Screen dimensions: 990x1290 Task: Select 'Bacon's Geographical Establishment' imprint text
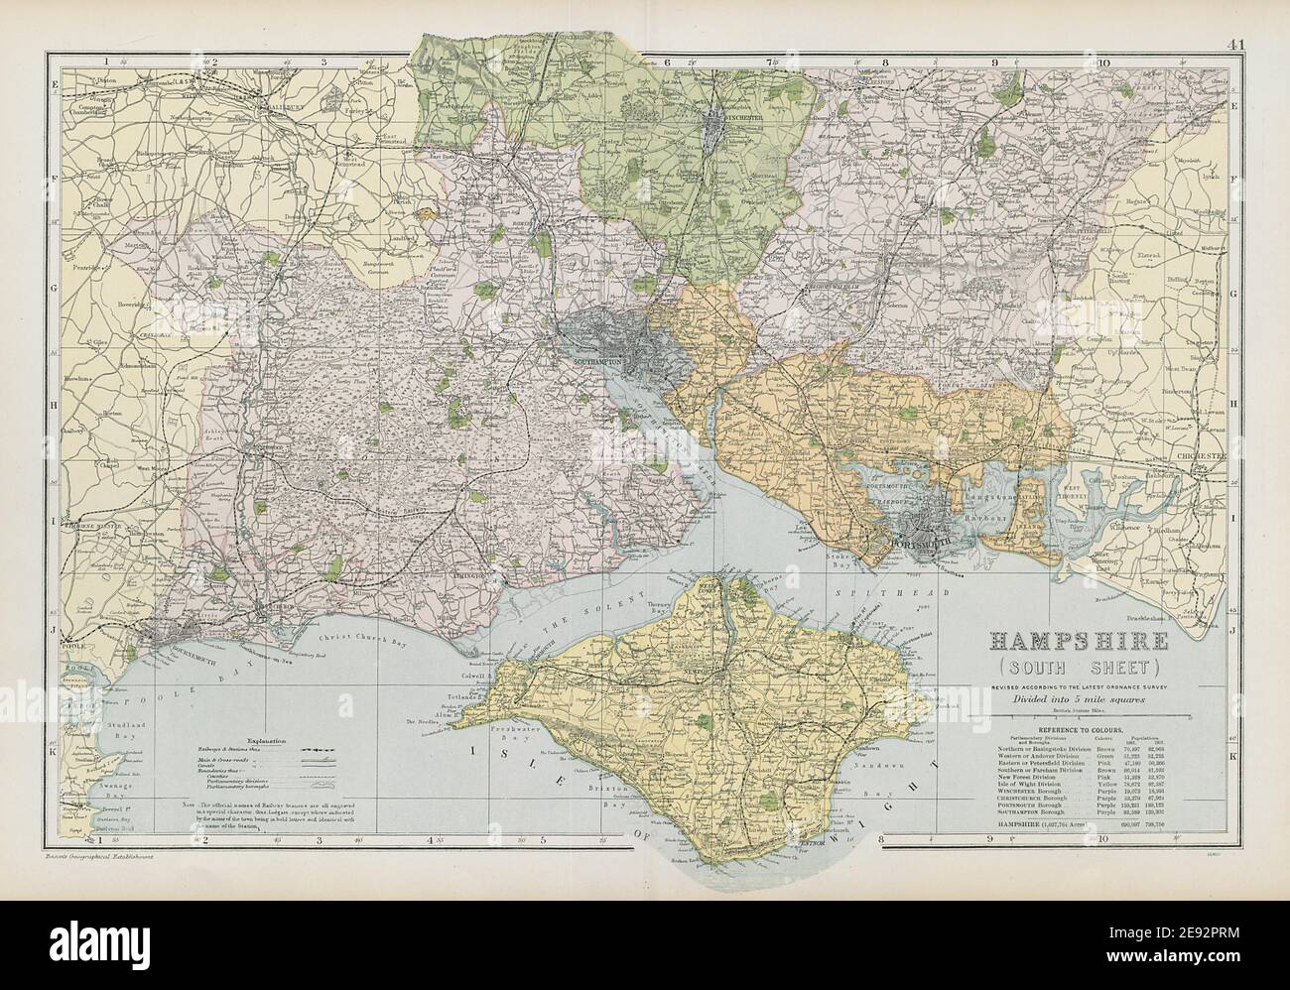[x=99, y=854]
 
